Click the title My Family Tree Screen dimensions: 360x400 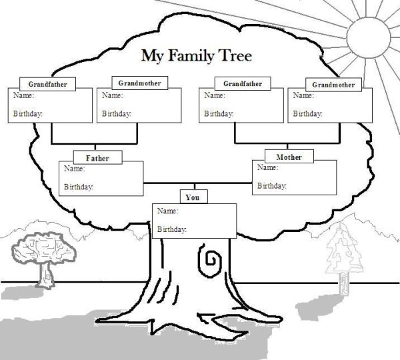tap(195, 55)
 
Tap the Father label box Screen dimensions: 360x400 tap(97, 159)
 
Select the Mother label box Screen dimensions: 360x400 tap(289, 157)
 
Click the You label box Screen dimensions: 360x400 tap(193, 197)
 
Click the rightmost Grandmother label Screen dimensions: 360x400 tap(333, 85)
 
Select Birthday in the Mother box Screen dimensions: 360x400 tap(271, 185)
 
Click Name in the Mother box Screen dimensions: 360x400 tap(267, 167)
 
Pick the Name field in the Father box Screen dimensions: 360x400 tap(73, 169)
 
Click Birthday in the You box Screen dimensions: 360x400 tap(171, 229)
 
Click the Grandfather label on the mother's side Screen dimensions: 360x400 tap(241, 83)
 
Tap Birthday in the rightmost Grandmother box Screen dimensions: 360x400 tap(308, 114)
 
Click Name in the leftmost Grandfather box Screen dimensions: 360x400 tap(23, 96)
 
